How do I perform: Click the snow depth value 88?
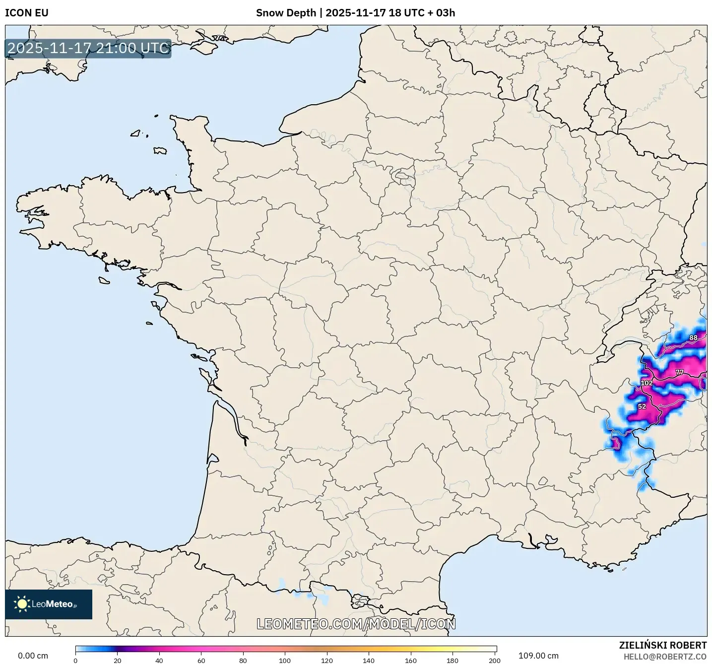click(693, 338)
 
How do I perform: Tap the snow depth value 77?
click(679, 372)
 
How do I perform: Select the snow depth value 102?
click(647, 383)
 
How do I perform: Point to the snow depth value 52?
click(642, 406)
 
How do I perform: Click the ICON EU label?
click(27, 13)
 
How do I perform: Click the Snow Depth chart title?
click(355, 13)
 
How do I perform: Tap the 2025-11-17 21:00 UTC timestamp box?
click(88, 48)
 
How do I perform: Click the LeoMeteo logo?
click(49, 604)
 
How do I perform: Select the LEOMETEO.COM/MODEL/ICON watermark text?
click(356, 624)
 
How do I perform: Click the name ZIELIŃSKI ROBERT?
click(663, 645)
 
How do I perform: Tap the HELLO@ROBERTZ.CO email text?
click(665, 657)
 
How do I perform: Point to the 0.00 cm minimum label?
click(33, 656)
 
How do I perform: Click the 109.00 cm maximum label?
click(538, 656)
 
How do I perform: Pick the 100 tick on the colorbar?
click(285, 661)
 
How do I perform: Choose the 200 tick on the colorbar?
click(495, 661)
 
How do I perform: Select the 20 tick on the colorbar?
click(118, 661)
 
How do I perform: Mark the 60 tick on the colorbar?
click(201, 661)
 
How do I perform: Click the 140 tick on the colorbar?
click(369, 661)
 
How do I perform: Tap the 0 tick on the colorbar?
click(75, 661)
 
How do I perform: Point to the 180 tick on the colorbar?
click(453, 661)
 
